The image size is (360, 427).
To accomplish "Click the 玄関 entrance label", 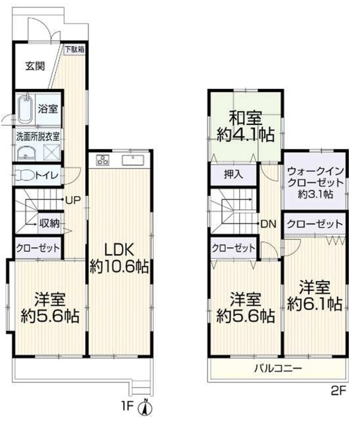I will coord(35,67).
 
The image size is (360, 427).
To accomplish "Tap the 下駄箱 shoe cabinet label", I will coord(75,50).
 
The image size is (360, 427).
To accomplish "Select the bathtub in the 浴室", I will coord(26,108).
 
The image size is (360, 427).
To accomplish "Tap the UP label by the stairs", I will coord(73,199).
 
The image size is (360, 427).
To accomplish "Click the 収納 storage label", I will coord(49,224).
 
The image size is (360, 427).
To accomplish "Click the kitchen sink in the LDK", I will coord(133,159).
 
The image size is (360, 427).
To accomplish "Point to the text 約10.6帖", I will coord(119,266).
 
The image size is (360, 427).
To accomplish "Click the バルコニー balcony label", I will coord(278,368).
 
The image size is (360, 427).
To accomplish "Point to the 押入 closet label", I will coord(234,175).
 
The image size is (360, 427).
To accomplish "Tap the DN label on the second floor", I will coord(268,224).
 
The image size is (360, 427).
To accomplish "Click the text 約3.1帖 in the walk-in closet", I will coord(315,195).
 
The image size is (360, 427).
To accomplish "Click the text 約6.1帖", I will coord(314,305).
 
